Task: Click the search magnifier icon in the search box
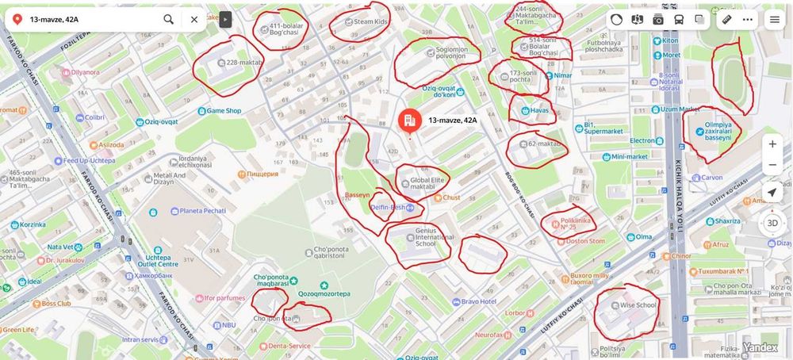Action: tap(169, 19)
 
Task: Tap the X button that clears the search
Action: tap(194, 19)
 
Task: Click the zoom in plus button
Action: tap(772, 144)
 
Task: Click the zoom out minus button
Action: tap(772, 165)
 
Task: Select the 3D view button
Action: tap(772, 223)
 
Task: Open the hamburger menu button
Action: tap(775, 20)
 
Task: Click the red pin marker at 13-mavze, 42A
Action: tap(410, 121)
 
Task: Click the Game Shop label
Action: tap(224, 111)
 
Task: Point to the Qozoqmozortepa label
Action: tap(324, 293)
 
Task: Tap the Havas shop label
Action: tap(539, 111)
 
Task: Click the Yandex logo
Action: tap(765, 347)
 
